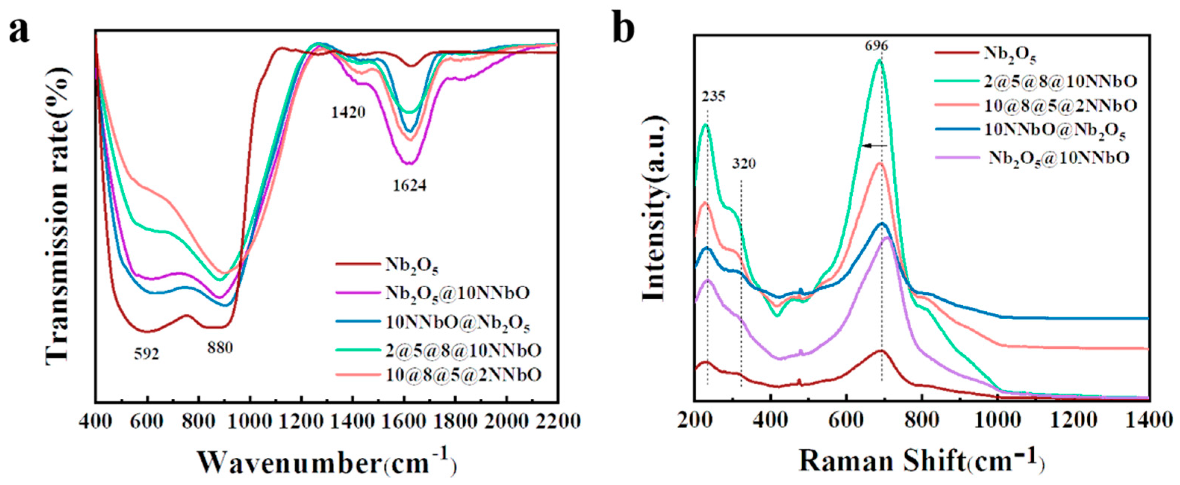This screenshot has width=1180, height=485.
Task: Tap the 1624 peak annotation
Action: point(410,185)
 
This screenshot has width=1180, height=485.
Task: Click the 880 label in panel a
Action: point(220,348)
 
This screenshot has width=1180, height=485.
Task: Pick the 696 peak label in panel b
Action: point(876,46)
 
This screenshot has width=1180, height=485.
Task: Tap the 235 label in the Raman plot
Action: point(713,97)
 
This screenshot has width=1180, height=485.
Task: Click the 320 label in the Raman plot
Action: point(744,164)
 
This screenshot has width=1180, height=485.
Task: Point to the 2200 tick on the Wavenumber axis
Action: point(557,421)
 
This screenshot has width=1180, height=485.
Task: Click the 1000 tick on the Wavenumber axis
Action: point(249,421)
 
